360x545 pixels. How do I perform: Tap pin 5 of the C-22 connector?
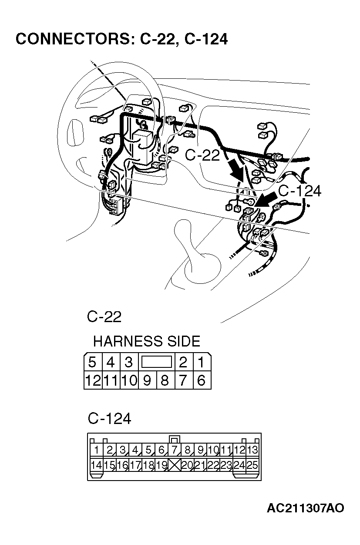tap(92, 362)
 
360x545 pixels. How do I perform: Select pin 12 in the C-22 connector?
tap(93, 380)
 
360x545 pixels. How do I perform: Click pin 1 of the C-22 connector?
tap(201, 362)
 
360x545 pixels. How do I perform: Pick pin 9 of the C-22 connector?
tap(147, 380)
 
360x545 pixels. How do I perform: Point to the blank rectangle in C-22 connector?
tap(156, 362)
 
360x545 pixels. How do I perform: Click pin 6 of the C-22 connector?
tap(201, 380)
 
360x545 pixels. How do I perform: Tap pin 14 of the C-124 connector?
tap(96, 465)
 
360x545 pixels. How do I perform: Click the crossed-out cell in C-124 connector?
tap(175, 465)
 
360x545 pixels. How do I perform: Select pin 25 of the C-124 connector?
tap(252, 465)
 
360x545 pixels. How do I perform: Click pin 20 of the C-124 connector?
tap(187, 465)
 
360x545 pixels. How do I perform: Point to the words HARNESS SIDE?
tap(147, 341)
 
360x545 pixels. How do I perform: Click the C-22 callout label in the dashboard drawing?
tap(203, 155)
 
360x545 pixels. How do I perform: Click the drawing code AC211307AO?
tap(306, 508)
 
